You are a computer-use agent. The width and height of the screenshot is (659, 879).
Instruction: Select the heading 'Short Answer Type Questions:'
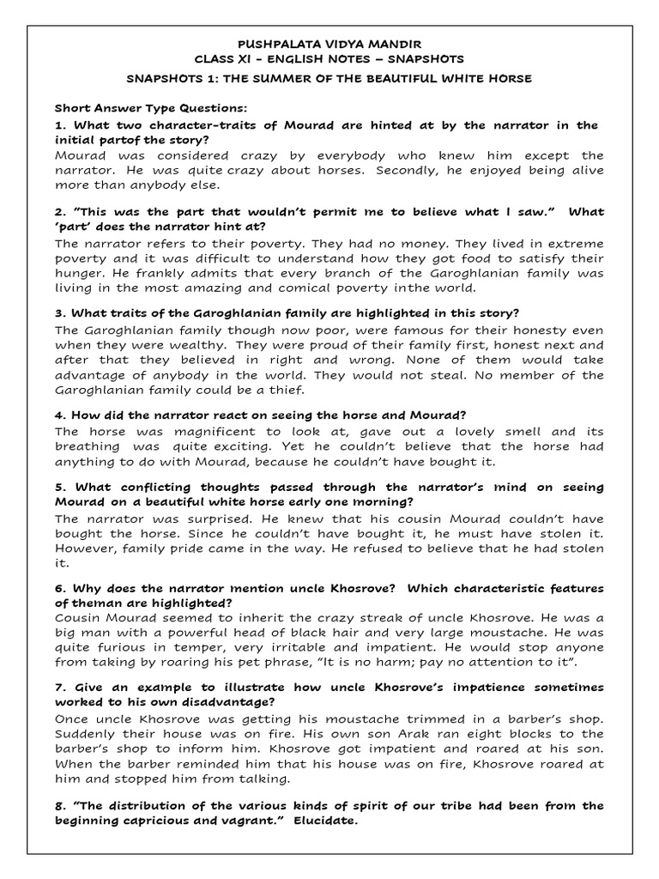(150, 109)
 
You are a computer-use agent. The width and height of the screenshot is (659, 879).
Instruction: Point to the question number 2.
(59, 212)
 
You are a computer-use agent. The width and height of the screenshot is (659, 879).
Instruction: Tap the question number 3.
(59, 313)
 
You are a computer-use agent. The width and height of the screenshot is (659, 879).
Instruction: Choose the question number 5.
(59, 487)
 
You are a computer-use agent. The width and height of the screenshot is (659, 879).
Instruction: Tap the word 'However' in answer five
(87, 549)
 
